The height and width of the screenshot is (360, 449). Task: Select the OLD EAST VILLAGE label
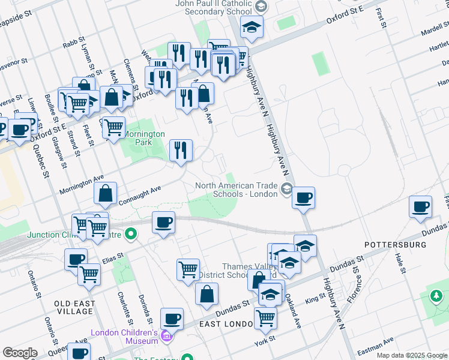(75, 308)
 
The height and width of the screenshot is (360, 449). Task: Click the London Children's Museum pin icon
(167, 340)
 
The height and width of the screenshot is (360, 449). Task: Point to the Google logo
(20, 353)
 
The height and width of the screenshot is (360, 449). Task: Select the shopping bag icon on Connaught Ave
(106, 194)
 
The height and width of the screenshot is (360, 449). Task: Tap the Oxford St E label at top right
(345, 15)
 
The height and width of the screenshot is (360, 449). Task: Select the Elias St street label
(113, 257)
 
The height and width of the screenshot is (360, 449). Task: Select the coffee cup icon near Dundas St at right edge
(421, 207)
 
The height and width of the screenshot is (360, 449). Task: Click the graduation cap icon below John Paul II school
(252, 26)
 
